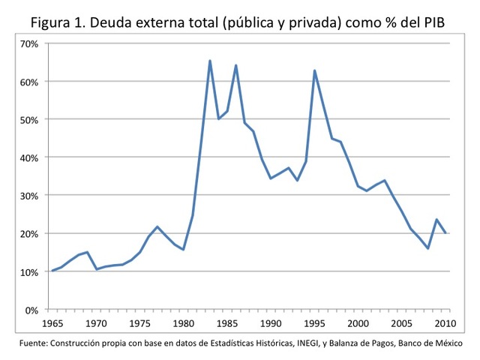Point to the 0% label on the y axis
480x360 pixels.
click(x=32, y=310)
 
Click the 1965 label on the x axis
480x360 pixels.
click(x=52, y=323)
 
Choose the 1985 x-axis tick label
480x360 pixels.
click(x=227, y=323)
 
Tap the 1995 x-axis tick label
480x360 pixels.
click(x=315, y=323)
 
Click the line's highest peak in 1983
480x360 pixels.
click(x=210, y=61)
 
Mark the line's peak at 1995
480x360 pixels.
click(x=315, y=70)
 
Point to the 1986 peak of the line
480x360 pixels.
click(x=236, y=65)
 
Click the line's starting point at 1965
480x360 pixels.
click(x=52, y=270)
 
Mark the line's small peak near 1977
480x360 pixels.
click(x=157, y=226)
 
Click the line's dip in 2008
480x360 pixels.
click(x=428, y=248)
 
